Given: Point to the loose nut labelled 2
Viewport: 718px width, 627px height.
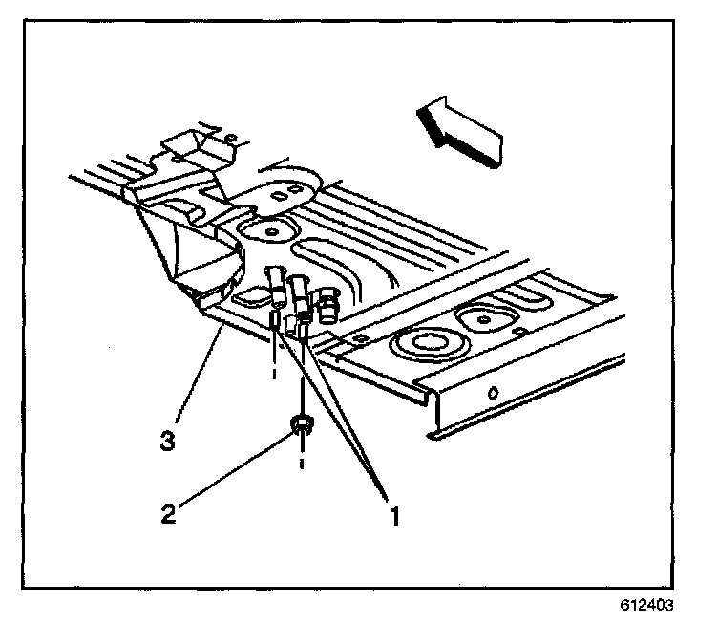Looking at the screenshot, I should click(x=302, y=425).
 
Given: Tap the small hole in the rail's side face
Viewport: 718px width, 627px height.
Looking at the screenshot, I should click(x=492, y=394).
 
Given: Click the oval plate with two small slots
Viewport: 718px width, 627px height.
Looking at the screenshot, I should click(x=278, y=195).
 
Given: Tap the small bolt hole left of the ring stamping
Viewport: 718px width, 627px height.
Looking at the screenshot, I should click(x=358, y=336).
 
